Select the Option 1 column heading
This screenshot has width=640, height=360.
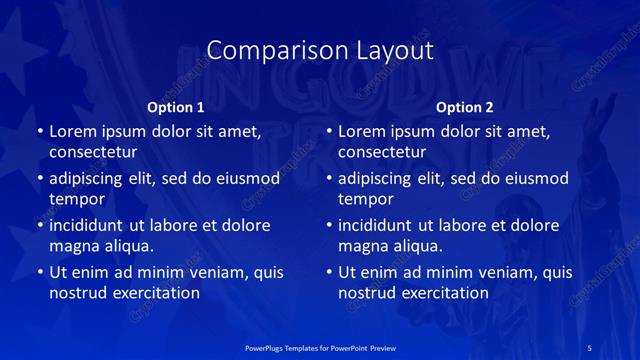(176, 107)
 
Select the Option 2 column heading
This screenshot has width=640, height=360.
(465, 107)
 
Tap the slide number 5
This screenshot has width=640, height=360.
(590, 346)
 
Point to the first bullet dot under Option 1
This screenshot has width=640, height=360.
(39, 131)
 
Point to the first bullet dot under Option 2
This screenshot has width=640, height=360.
(328, 131)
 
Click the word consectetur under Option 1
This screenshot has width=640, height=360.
(92, 152)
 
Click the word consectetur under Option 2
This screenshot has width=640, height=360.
(381, 152)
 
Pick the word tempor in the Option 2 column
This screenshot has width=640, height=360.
(364, 199)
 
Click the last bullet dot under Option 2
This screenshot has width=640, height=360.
(328, 272)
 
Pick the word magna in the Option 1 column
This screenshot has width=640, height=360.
(73, 246)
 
